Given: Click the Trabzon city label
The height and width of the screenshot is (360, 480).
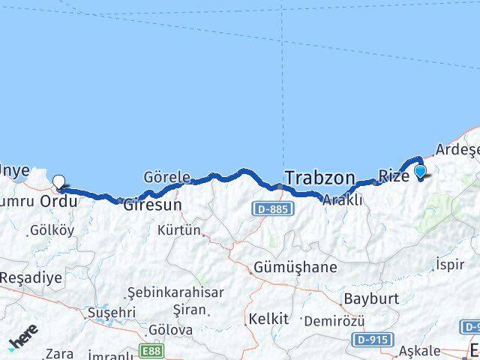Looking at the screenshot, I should [319, 178].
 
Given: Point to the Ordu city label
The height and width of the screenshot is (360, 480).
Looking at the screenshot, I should [59, 202].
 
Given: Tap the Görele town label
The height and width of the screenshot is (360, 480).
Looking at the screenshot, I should [166, 178].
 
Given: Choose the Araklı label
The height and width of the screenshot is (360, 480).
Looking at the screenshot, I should [343, 199].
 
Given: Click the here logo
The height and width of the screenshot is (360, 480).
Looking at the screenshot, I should [23, 340].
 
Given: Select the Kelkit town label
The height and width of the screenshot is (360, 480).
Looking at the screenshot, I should [268, 319].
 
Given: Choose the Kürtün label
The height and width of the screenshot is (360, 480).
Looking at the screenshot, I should [179, 229].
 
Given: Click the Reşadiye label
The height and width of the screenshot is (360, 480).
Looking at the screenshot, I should [31, 277].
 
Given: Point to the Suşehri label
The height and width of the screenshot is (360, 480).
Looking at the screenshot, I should [112, 311].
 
